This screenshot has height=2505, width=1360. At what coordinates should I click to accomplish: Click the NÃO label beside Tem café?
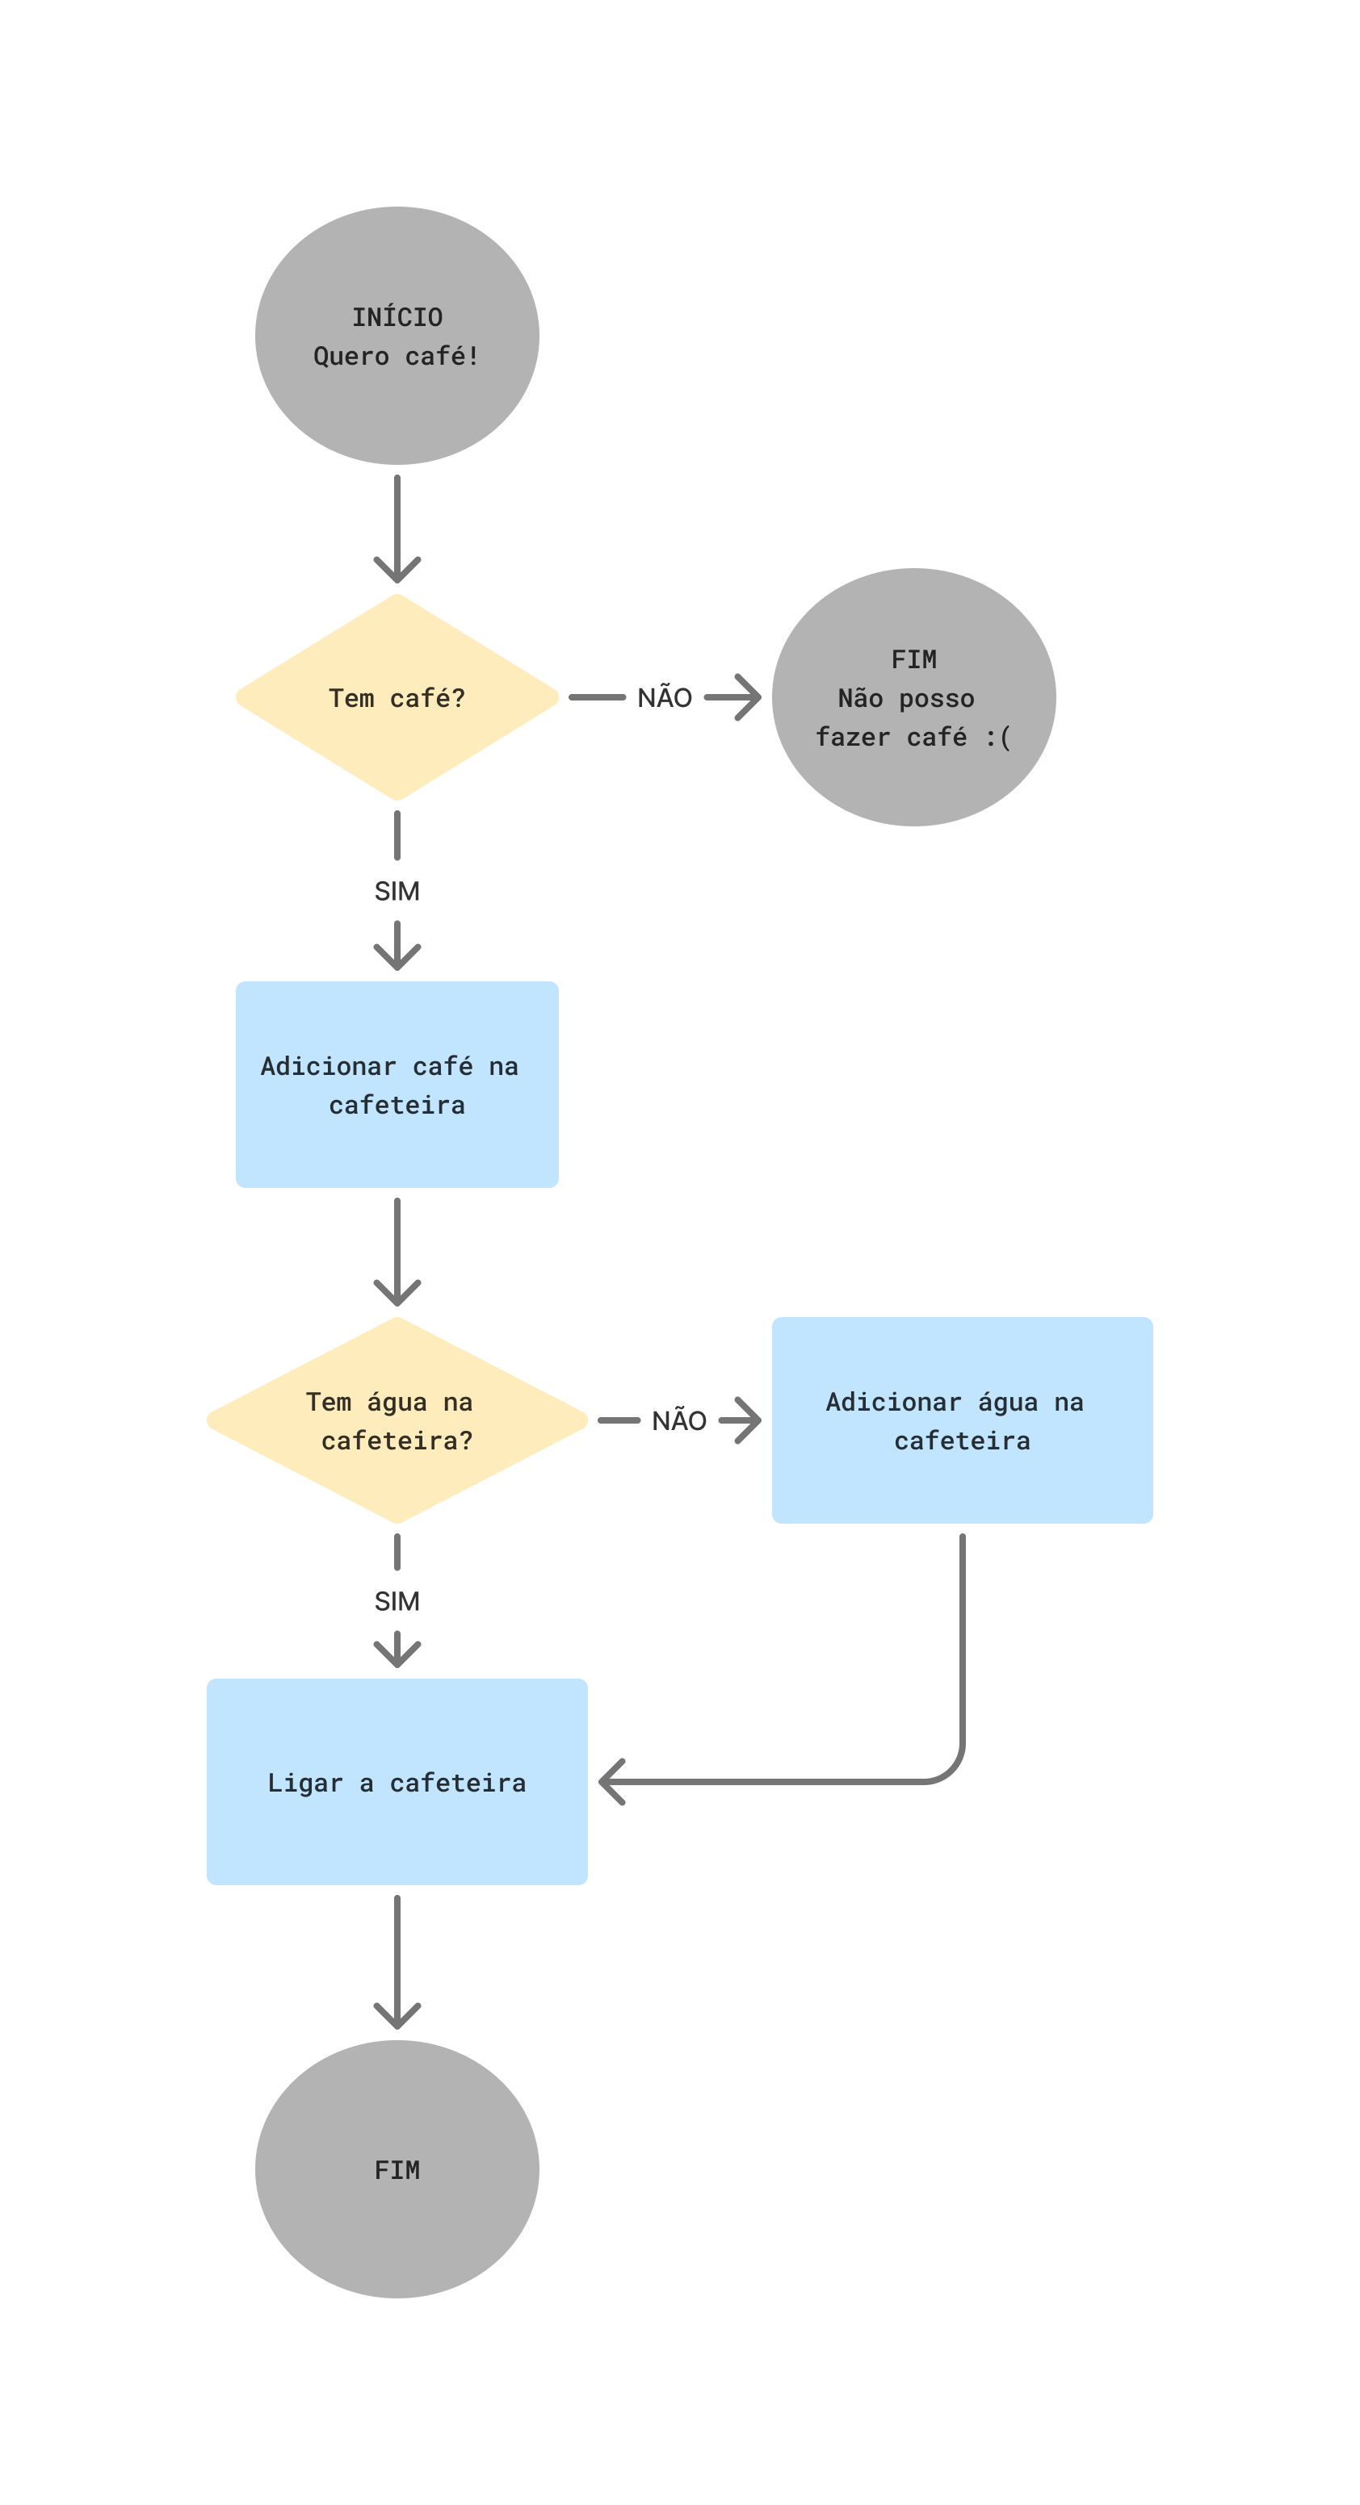665,697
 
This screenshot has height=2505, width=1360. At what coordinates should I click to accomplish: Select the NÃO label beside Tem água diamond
679,1420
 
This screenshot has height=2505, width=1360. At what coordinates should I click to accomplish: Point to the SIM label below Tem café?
397,891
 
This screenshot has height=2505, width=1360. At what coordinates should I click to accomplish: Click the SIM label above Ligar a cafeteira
397,1600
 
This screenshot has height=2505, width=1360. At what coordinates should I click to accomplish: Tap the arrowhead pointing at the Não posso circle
750,697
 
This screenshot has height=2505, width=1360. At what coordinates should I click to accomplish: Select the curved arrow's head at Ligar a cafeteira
609,1782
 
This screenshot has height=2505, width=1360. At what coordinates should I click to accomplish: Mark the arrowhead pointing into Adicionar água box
750,1420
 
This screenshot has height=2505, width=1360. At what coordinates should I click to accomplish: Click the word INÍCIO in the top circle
397,317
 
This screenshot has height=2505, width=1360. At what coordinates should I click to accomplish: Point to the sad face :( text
998,737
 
